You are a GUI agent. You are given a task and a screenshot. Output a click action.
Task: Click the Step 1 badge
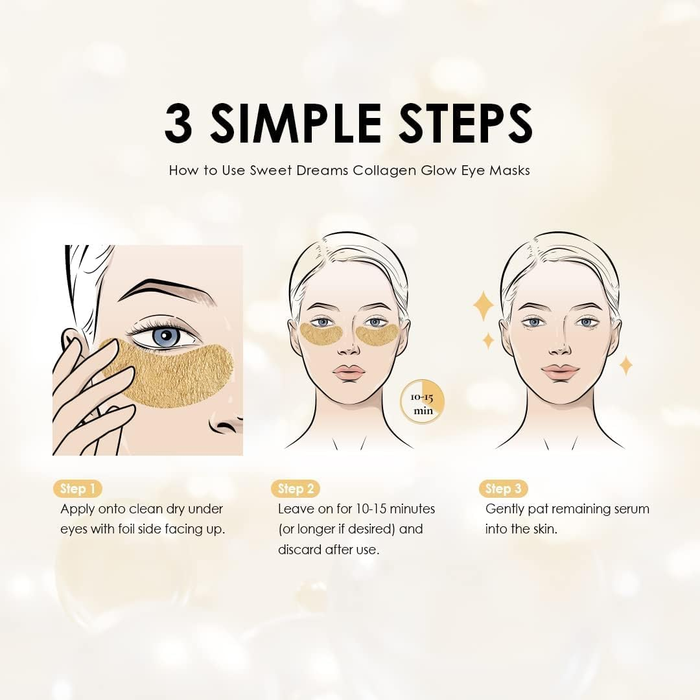click(77, 489)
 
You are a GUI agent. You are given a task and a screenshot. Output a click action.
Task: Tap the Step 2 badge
click(295, 489)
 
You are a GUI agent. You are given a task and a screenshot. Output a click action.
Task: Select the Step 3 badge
click(502, 489)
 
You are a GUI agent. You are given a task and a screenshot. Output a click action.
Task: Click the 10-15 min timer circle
click(422, 402)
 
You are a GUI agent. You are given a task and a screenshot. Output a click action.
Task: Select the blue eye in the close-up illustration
click(166, 336)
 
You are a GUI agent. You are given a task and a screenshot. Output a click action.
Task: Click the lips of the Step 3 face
click(560, 372)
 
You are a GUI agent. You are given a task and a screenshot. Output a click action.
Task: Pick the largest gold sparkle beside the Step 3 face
click(482, 306)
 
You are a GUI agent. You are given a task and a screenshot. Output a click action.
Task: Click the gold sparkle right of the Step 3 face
click(625, 365)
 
